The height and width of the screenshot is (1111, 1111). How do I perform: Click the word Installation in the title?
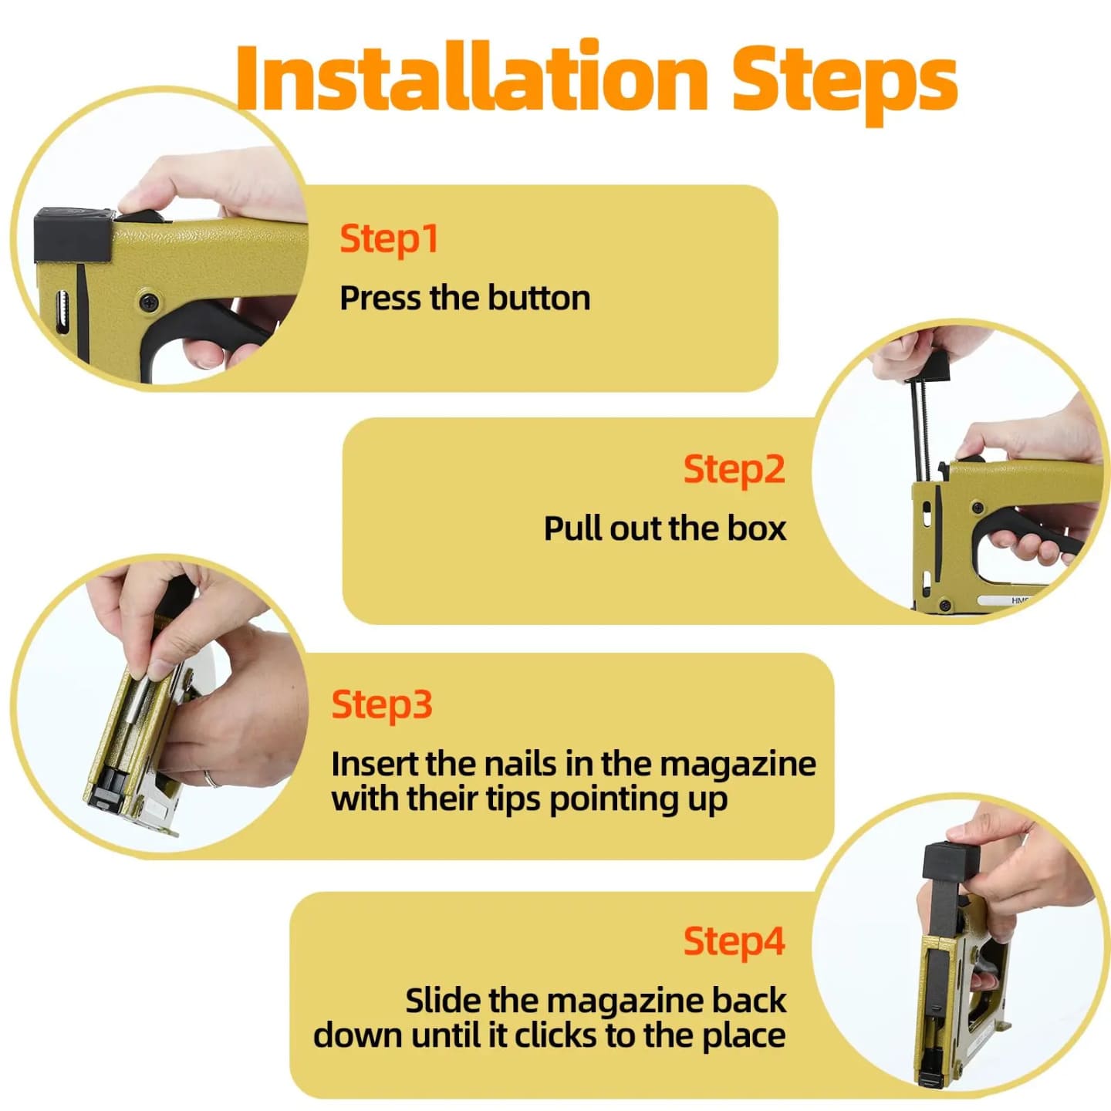click(471, 76)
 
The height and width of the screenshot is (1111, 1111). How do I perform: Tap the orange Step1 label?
click(389, 239)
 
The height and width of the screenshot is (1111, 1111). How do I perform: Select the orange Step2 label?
click(734, 470)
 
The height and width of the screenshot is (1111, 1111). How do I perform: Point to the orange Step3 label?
click(382, 705)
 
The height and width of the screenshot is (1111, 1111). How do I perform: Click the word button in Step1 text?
click(539, 298)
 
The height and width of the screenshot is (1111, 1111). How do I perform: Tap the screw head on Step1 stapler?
click(150, 300)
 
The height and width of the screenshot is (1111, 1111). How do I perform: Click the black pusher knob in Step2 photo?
click(930, 366)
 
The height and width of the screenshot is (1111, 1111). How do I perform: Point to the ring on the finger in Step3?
click(211, 779)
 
